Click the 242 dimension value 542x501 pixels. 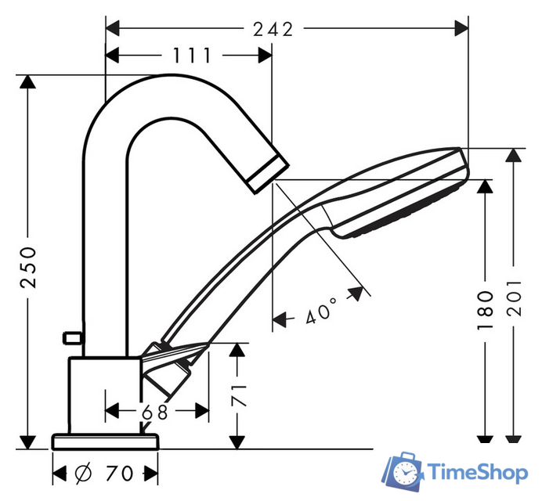tap(273, 29)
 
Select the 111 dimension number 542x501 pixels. tap(191, 56)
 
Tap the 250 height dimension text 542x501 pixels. tap(28, 267)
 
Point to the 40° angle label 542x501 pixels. tap(321, 311)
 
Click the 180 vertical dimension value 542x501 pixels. tap(485, 310)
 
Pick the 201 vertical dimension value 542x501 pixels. tap(514, 297)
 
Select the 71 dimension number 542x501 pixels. tap(239, 395)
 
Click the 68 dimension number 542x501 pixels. tap(155, 412)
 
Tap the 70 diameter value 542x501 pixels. tap(119, 474)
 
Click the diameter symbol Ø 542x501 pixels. tap(83, 473)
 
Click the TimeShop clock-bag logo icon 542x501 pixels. tap(403, 471)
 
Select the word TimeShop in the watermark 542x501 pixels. tap(478, 472)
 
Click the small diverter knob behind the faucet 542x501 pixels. tap(73, 337)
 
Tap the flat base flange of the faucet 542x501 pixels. tap(105, 442)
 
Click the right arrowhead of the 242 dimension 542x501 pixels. tap(461, 28)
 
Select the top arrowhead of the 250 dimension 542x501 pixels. tap(27, 82)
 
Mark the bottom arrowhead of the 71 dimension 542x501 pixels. tap(237, 442)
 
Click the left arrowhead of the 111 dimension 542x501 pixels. tap(112, 56)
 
